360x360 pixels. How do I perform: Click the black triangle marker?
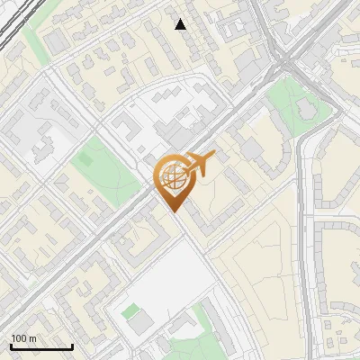click(181, 24)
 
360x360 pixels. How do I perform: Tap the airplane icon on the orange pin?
click(199, 163)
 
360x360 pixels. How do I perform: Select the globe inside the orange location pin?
click(171, 176)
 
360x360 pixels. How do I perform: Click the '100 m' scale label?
click(24, 338)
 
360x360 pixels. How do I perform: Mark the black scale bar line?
click(41, 346)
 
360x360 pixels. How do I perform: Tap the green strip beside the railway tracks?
click(36, 40)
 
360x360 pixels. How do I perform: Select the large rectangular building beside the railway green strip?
click(56, 41)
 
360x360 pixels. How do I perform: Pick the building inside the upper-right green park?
click(307, 108)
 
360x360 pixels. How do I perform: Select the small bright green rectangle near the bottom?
click(131, 311)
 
